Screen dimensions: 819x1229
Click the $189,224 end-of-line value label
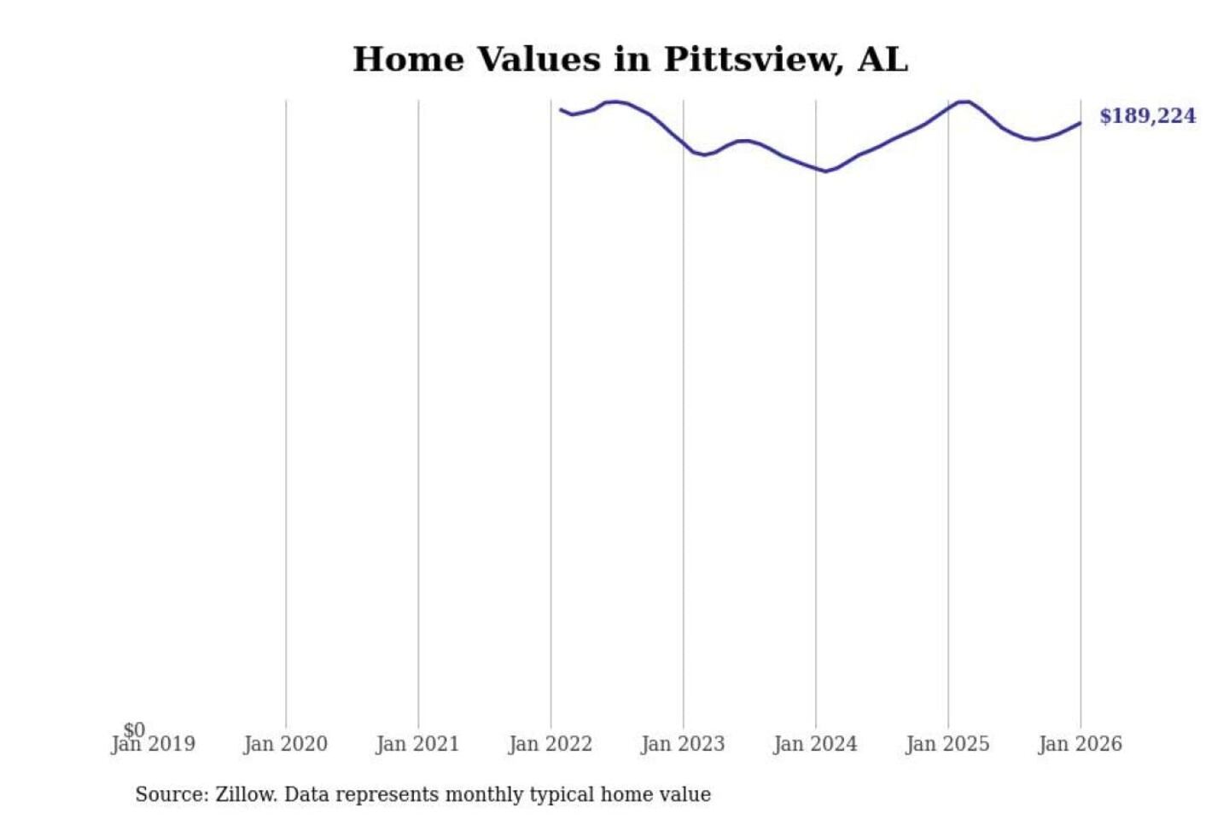[1147, 116]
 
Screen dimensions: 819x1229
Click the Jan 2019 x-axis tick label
[154, 744]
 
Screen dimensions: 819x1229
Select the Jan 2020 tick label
[285, 744]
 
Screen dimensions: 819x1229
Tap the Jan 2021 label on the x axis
[417, 744]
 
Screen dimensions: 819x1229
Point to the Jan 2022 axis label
[550, 744]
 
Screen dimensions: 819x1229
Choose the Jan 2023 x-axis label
[682, 744]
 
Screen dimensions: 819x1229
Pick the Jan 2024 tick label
[815, 744]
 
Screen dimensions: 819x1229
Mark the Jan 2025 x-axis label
[947, 744]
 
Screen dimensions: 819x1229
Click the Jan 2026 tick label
[1080, 744]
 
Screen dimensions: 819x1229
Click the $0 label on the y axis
[134, 729]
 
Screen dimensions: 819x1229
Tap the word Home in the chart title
[408, 60]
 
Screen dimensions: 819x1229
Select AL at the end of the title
[882, 60]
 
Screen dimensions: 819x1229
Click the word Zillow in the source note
[246, 794]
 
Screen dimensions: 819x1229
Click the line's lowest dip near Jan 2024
[825, 171]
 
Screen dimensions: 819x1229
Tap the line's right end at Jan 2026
[1080, 123]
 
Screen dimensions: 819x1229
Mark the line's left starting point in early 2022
[561, 109]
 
